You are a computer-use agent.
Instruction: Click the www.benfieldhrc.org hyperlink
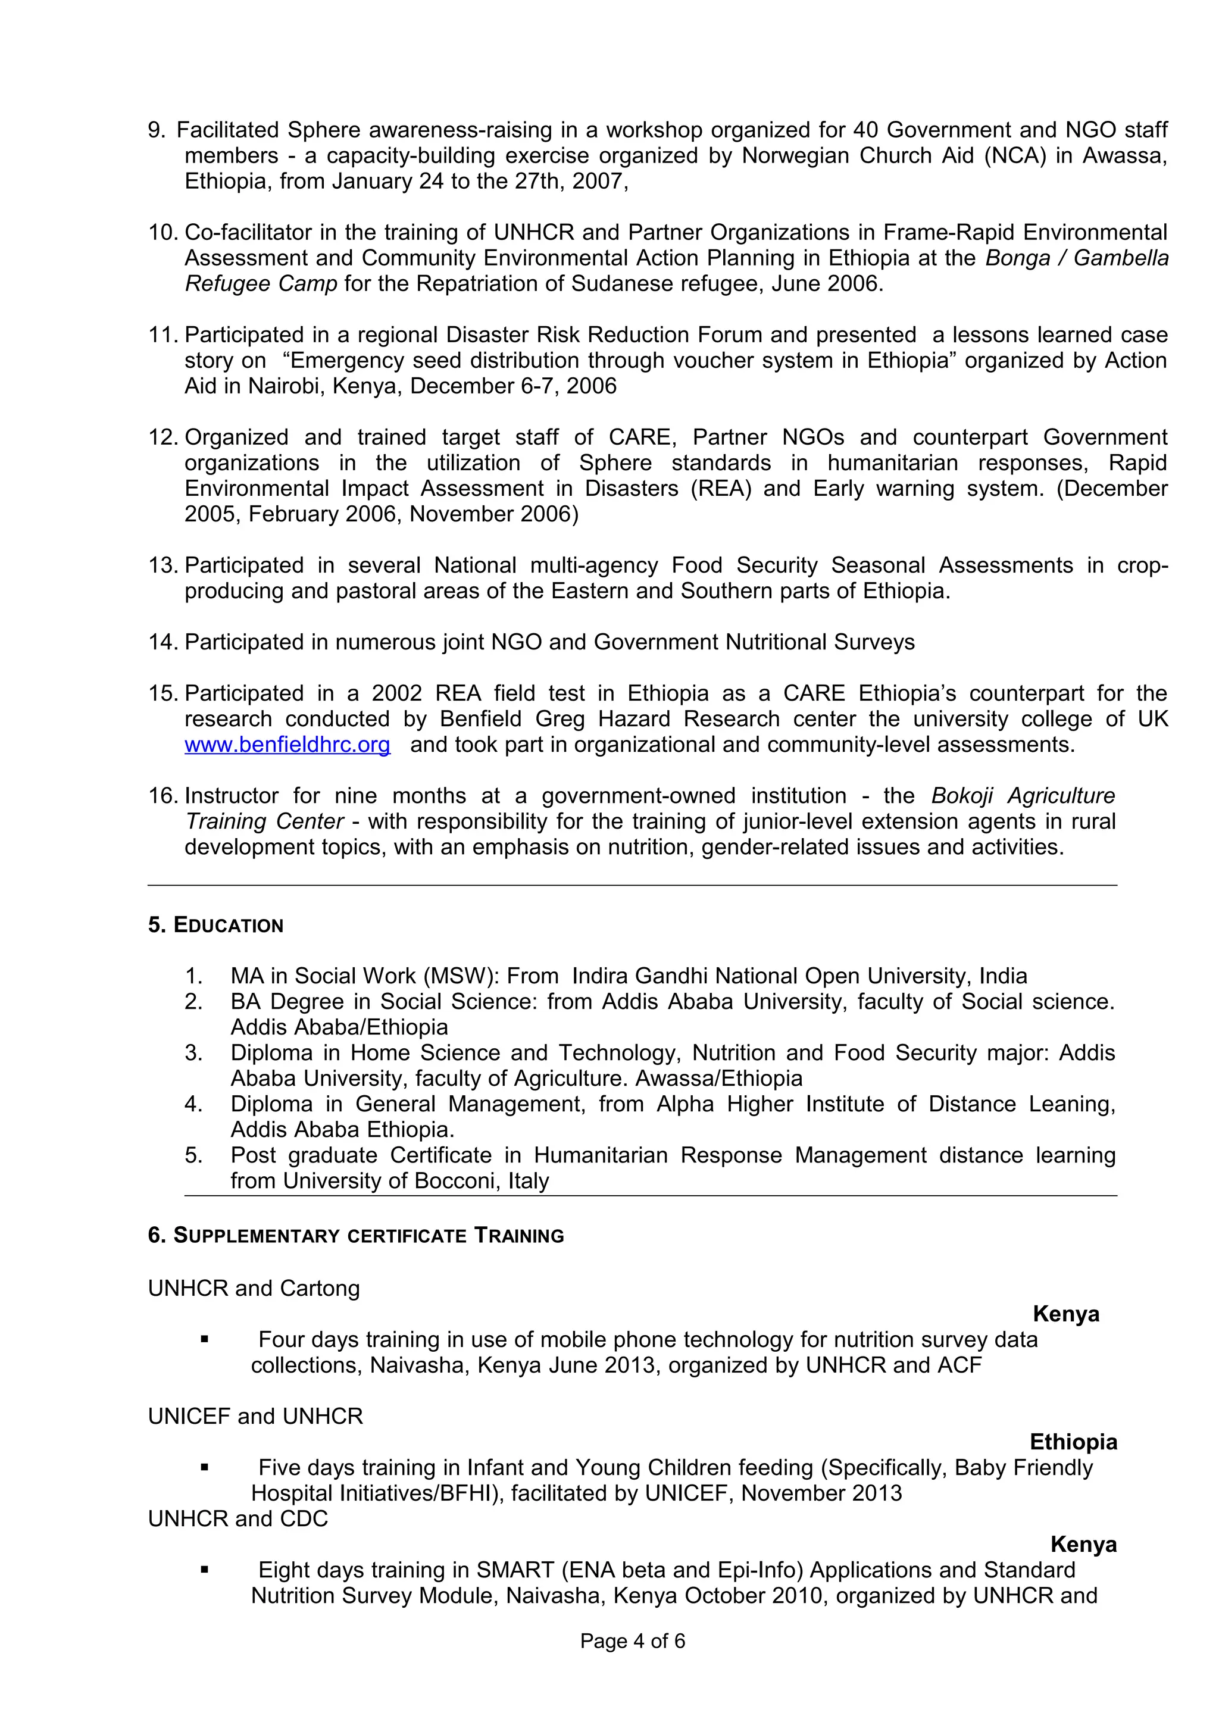tap(287, 745)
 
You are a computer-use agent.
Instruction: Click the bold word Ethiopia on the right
tap(1073, 1442)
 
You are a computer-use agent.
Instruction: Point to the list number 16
tap(161, 796)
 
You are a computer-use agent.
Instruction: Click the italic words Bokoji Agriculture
tap(1022, 796)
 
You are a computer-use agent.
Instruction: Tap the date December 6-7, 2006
tap(513, 386)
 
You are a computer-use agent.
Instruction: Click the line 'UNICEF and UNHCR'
tap(255, 1416)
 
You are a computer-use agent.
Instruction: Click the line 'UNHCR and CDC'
tap(238, 1518)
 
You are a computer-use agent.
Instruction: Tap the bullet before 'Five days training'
tap(204, 1468)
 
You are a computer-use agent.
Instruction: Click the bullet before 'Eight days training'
tap(204, 1570)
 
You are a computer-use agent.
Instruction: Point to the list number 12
tap(161, 437)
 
